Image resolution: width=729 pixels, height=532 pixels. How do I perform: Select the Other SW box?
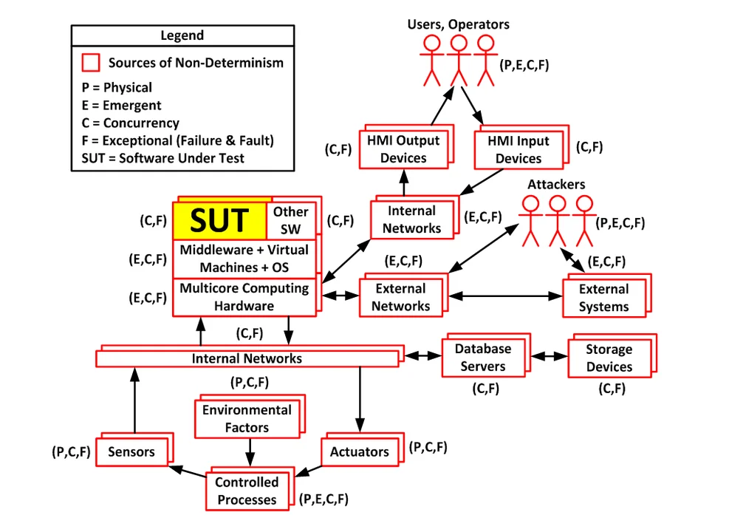coord(291,220)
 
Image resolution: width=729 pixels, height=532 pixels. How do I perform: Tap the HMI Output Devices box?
coord(403,149)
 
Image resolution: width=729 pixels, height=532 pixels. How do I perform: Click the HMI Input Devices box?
coord(518,149)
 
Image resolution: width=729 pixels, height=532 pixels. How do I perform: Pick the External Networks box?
coord(400,297)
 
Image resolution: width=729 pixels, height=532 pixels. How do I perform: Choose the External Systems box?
coord(603,298)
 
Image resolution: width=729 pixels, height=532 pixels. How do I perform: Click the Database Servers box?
coord(482,357)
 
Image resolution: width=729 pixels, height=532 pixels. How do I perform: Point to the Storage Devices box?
coord(609,358)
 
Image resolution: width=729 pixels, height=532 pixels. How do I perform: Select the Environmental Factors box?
coord(247,418)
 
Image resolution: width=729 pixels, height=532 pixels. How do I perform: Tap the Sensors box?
coord(131,451)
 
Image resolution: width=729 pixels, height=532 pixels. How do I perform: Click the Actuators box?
coord(359,451)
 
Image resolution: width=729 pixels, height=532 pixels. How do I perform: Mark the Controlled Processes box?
coord(247,491)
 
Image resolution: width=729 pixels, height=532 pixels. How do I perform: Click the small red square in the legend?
coord(91,62)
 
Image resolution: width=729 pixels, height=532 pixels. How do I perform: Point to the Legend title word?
coord(182,35)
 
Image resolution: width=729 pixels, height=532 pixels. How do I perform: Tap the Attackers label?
coord(555,183)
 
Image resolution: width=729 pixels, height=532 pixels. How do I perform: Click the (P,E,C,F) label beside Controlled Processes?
coord(324,499)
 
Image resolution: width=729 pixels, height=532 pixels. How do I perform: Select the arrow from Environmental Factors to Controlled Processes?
coord(250,451)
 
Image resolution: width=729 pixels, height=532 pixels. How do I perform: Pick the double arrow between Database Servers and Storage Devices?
coord(549,355)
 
